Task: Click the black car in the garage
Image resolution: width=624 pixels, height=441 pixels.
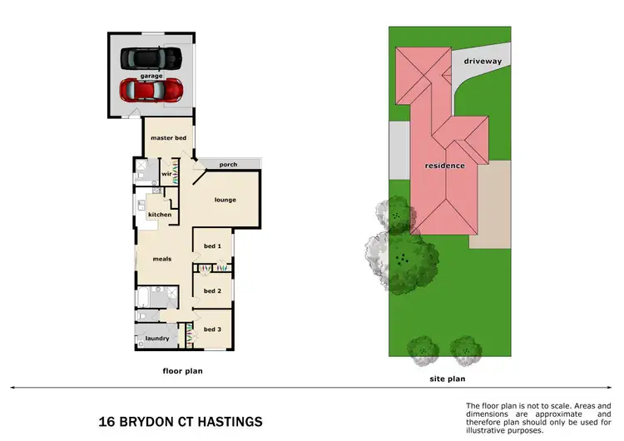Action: pos(151,58)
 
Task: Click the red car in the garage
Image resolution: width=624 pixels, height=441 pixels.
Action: pos(151,88)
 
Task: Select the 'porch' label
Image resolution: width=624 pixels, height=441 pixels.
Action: pos(228,165)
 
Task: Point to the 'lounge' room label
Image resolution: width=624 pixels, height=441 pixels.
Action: pos(225,200)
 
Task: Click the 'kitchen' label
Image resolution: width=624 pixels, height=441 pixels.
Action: pos(160,215)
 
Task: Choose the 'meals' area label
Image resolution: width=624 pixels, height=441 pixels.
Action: pos(161,259)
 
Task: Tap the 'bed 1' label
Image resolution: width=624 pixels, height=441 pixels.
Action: pos(212,245)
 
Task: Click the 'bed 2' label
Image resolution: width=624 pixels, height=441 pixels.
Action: pos(212,291)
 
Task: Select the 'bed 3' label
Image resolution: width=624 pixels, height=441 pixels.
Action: pos(212,330)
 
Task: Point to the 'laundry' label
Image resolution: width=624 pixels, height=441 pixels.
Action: pos(157,339)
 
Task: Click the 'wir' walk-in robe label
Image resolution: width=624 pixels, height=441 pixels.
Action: pos(166,174)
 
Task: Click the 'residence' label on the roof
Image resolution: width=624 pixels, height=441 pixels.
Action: pos(445,166)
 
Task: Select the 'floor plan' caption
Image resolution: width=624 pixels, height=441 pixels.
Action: pos(182,371)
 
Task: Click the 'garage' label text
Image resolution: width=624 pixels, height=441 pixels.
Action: pos(151,75)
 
